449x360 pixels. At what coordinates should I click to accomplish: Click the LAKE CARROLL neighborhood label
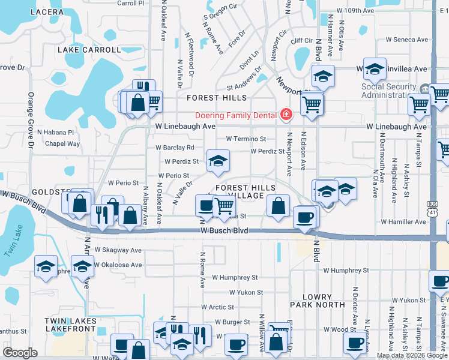(85, 50)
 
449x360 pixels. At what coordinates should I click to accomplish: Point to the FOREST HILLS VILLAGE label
(240, 192)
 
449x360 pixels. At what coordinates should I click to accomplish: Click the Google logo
(20, 353)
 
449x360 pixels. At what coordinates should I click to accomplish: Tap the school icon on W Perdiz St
(218, 160)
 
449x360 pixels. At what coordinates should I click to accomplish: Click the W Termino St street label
(246, 139)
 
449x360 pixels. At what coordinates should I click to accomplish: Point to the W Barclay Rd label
(175, 147)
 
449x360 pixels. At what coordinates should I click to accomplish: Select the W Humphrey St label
(235, 278)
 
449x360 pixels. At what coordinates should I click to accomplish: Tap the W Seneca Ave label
(408, 40)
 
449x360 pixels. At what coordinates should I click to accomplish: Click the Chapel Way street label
(63, 143)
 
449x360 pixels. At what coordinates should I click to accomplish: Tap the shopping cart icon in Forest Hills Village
(224, 206)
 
